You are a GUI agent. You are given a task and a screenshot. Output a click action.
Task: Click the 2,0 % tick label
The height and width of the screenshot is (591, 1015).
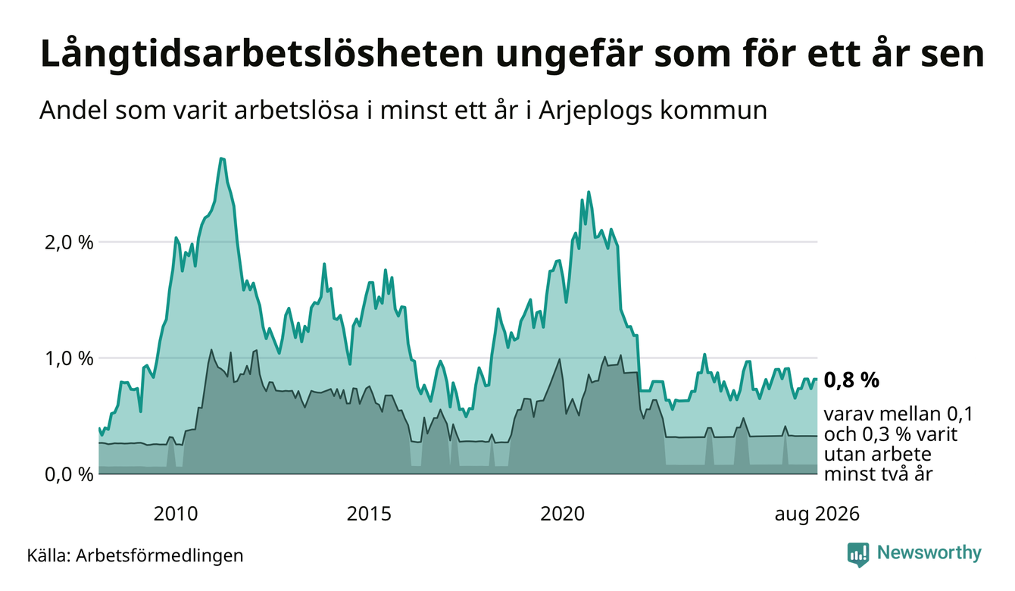point(69,243)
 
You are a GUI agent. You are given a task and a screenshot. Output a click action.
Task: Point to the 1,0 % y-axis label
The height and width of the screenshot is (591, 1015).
point(69,359)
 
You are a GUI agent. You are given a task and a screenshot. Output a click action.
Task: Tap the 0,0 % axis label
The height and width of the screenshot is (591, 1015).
point(69,475)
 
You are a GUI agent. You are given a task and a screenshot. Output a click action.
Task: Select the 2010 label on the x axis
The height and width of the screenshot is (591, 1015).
point(176,514)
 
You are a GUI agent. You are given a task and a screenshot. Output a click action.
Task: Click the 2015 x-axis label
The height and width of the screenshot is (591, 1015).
point(369,514)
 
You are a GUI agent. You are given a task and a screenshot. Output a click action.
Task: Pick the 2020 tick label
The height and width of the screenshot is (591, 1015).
point(562,514)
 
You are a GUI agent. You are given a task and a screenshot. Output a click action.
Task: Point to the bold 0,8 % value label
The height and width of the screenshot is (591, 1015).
point(851,380)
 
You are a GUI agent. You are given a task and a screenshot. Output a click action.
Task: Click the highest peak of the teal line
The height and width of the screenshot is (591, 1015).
point(222,158)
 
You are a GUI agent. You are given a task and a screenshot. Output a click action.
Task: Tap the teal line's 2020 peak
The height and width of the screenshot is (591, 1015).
point(589,192)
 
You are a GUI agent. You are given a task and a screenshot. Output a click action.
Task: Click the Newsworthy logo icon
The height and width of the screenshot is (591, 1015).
point(858,555)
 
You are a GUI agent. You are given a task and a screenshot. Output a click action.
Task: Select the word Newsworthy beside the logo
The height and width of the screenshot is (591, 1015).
point(929,553)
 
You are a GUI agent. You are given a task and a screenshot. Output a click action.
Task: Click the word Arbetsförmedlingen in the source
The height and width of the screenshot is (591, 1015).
point(160,556)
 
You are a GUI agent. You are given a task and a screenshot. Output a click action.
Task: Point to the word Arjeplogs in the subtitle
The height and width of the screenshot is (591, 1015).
point(595,111)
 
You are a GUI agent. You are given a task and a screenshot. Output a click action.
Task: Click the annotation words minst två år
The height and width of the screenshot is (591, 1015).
point(878,474)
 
